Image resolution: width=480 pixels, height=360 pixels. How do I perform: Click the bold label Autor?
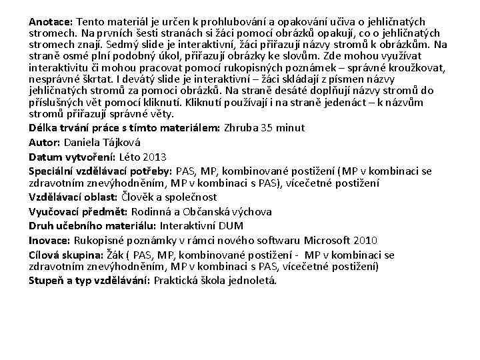coord(44,143)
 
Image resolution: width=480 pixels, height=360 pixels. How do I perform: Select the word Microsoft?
coord(331,241)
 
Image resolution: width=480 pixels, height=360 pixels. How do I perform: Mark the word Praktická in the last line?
coord(178,280)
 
